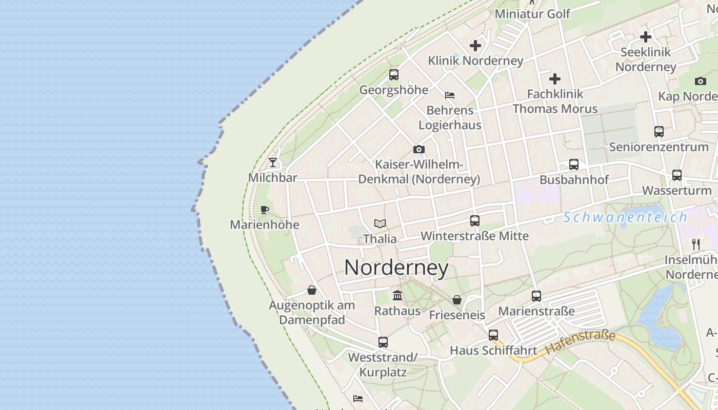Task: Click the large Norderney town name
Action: coord(396,268)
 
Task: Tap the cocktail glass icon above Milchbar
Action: coord(273,162)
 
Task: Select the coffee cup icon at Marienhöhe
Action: coord(265,210)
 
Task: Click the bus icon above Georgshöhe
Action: coord(394,74)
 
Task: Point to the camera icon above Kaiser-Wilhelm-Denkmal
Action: coord(419,149)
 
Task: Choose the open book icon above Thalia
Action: coord(380,223)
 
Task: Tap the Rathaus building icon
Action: coord(397,295)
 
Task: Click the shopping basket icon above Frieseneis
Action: coord(457,299)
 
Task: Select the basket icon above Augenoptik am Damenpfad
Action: coord(312,290)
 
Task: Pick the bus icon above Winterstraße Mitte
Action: coord(475,221)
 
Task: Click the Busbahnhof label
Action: coord(574,180)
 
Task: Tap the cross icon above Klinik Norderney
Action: coord(475,46)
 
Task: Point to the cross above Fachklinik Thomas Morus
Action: coord(555,79)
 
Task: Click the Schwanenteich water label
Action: coord(625,217)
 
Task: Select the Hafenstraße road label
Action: coord(580,342)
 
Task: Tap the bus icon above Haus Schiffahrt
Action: coord(493,335)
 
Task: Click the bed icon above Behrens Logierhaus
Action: coord(450,95)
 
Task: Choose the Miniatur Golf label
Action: coord(532,14)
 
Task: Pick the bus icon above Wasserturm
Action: coord(677,175)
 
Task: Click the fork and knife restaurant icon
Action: coord(696,244)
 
